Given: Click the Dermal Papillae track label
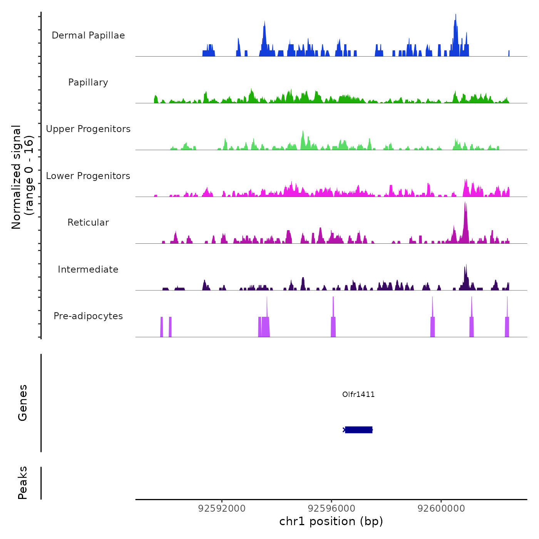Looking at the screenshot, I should (88, 35).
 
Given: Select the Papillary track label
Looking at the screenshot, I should (88, 82).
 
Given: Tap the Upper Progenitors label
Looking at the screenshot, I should (88, 129).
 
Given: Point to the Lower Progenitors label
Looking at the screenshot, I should (88, 176).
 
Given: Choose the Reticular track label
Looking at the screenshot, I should (88, 223).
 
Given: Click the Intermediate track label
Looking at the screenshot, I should (88, 269).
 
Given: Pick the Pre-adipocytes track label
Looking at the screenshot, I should (88, 316).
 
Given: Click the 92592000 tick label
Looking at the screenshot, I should (222, 509).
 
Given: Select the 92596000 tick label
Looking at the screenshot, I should (331, 509).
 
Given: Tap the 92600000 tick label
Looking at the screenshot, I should (441, 509).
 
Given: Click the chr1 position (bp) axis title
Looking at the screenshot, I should (331, 521).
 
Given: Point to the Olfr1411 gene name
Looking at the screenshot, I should (358, 394).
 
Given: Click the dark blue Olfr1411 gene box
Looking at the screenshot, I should (358, 430).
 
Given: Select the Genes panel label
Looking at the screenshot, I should (23, 403).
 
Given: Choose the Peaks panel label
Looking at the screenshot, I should (23, 483).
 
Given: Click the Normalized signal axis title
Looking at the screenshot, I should (22, 177).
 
